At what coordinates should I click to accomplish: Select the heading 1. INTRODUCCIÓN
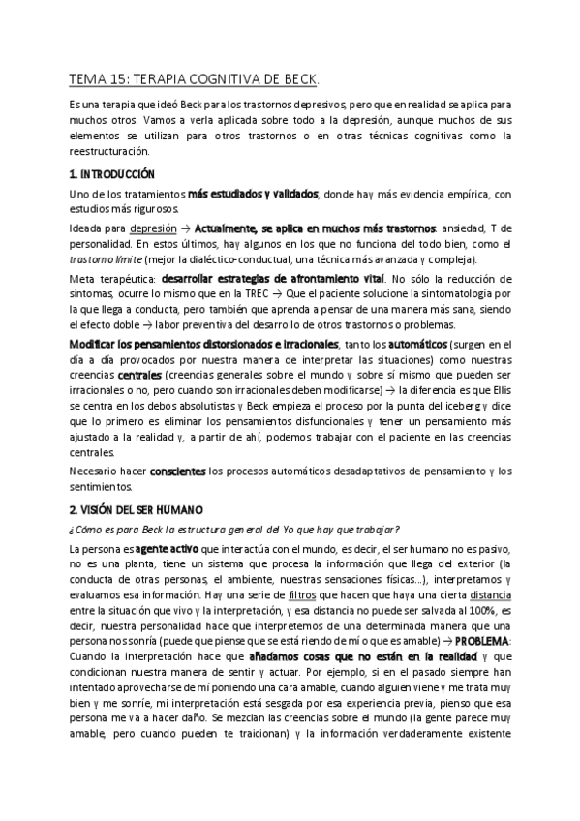(112, 174)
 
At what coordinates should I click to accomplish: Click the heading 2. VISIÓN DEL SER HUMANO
(135, 508)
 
